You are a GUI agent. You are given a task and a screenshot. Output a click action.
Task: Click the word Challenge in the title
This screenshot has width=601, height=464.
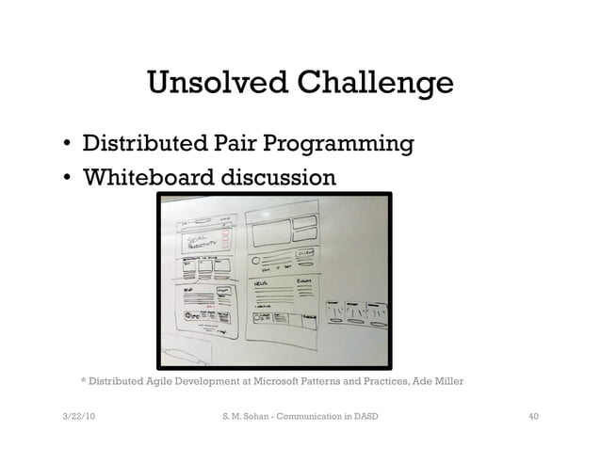click(x=375, y=85)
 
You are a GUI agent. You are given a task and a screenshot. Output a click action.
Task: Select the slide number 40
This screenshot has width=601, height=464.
click(x=533, y=415)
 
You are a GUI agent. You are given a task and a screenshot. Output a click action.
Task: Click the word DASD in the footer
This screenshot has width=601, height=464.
click(x=365, y=415)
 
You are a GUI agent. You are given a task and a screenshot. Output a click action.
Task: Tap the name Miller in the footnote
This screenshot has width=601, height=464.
click(x=449, y=381)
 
